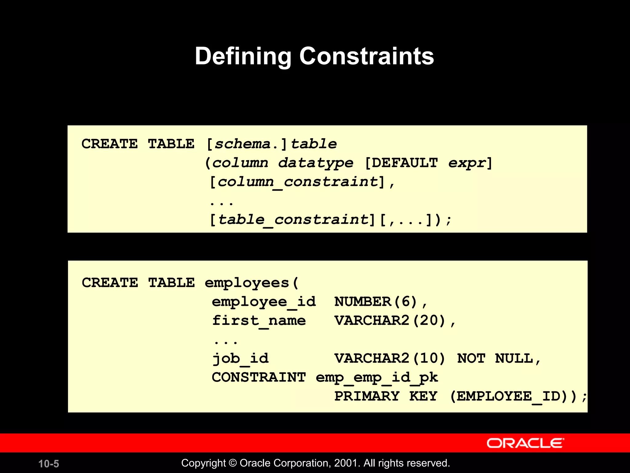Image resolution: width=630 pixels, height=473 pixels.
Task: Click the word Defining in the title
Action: click(243, 56)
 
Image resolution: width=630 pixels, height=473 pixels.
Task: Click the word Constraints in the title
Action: click(366, 56)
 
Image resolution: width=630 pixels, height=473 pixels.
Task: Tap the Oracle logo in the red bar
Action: click(525, 443)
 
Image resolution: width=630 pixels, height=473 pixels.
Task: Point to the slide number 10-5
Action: click(49, 464)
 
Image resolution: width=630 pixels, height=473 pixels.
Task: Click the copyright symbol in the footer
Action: click(233, 463)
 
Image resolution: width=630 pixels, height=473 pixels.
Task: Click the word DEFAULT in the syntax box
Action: click(405, 163)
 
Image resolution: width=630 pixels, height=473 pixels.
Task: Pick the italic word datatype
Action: click(316, 163)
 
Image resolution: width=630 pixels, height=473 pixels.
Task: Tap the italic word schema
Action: click(242, 144)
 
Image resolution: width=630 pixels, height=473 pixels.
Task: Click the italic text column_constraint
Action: click(297, 182)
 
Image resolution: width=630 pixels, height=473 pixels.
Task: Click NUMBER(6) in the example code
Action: click(375, 302)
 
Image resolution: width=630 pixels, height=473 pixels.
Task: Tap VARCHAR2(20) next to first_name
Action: click(390, 321)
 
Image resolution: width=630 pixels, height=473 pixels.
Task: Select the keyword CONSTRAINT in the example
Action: click(259, 378)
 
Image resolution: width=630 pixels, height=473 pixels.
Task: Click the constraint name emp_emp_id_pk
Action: click(377, 378)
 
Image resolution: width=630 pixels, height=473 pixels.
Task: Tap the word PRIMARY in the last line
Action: click(367, 396)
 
